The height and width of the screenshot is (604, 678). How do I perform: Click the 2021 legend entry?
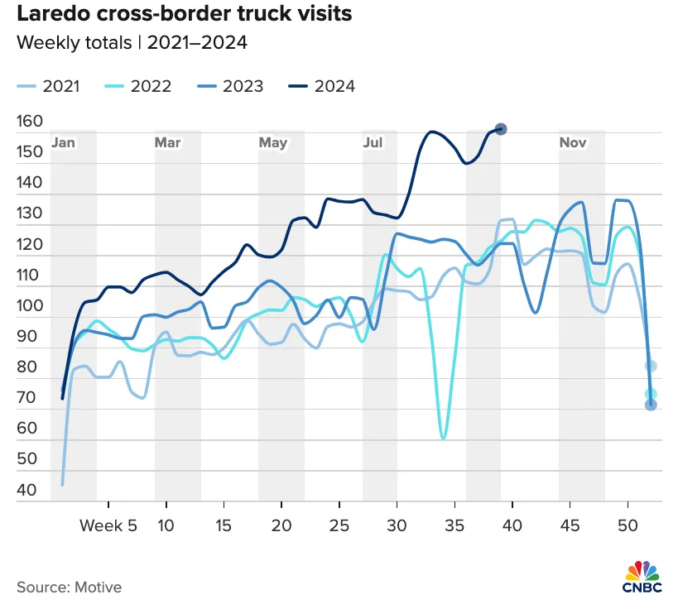tap(48, 86)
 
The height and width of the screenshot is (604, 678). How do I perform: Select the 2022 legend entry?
tap(138, 86)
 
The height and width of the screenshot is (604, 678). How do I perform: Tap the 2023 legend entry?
tap(230, 86)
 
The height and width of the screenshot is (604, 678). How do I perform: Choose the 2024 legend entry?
tap(322, 86)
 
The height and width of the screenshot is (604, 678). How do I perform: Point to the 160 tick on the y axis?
tap(30, 121)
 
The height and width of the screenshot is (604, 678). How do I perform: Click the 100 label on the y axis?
tap(30, 305)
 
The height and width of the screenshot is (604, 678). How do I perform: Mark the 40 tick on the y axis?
tap(26, 490)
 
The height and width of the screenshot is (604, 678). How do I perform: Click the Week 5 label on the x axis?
tap(108, 525)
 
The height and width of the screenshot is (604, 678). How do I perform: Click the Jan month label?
tap(63, 142)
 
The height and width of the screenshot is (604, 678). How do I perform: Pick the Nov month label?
tap(573, 142)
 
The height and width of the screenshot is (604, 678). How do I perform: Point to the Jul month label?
tap(373, 142)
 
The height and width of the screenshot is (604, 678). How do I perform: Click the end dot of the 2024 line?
tap(501, 129)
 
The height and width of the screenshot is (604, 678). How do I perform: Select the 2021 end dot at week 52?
tap(651, 367)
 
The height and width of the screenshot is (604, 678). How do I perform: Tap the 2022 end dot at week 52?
tap(651, 394)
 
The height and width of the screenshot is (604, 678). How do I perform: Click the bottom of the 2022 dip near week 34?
tap(443, 438)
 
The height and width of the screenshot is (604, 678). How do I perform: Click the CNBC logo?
tap(642, 577)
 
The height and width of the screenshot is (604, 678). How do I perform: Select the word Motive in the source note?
tap(99, 587)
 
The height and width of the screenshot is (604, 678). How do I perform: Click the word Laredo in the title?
tap(54, 14)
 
